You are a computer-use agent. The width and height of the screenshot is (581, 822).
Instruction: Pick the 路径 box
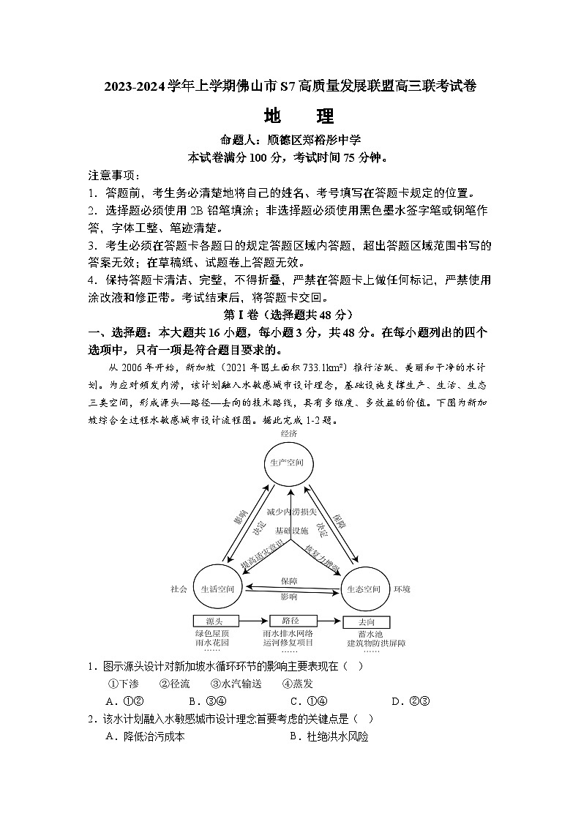coord(289,621)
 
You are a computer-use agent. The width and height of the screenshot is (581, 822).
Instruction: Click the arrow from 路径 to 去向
coord(327,621)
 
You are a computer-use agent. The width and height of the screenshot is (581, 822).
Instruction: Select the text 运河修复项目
coord(289,643)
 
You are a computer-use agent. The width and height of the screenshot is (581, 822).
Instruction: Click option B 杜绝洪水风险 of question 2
coord(329,737)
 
